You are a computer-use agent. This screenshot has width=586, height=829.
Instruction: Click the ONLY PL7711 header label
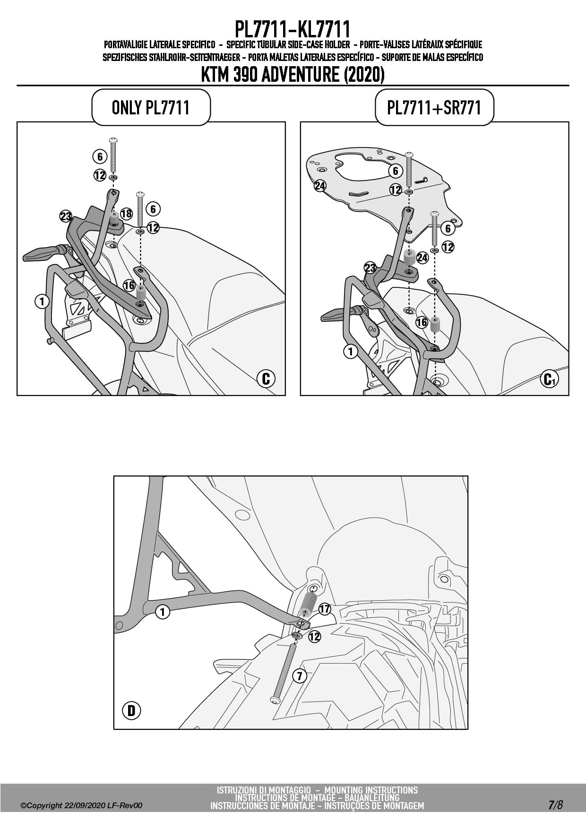[150, 107]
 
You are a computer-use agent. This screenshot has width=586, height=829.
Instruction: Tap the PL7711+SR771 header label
[434, 107]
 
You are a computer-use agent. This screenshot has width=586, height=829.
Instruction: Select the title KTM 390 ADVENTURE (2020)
[293, 74]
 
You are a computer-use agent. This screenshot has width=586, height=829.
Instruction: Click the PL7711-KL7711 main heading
[293, 29]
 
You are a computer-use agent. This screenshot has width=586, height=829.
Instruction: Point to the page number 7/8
[556, 805]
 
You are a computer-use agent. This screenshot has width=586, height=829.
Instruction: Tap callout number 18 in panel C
[126, 214]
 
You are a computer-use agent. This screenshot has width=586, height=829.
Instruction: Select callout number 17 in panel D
[325, 609]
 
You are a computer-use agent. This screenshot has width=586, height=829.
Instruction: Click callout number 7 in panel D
[300, 676]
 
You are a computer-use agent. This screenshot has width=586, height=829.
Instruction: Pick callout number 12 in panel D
[314, 636]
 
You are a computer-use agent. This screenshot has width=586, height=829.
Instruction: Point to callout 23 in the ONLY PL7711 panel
[66, 217]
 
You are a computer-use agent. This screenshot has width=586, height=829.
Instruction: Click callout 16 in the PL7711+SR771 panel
[422, 322]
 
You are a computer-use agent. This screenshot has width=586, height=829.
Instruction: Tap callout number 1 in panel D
[163, 612]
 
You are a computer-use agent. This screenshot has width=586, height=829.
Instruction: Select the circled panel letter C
[266, 378]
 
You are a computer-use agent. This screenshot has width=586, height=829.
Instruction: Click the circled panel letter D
[131, 710]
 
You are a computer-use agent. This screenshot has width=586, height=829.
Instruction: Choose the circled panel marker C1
[549, 379]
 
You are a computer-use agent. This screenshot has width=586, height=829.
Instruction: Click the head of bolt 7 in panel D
[275, 699]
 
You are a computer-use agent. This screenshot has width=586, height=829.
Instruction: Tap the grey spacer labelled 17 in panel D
[308, 604]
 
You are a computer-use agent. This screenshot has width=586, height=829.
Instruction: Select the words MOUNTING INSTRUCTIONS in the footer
[371, 790]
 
